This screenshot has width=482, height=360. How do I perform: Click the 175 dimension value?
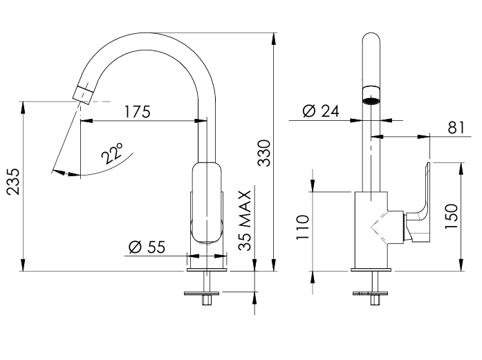click(x=137, y=111)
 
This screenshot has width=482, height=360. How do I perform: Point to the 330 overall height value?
click(x=264, y=153)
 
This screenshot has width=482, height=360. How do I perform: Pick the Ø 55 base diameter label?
click(x=147, y=247)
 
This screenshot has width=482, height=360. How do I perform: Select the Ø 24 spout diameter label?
click(x=321, y=111)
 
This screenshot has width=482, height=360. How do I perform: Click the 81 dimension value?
click(x=456, y=127)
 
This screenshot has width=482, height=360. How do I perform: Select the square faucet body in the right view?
click(x=371, y=228)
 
